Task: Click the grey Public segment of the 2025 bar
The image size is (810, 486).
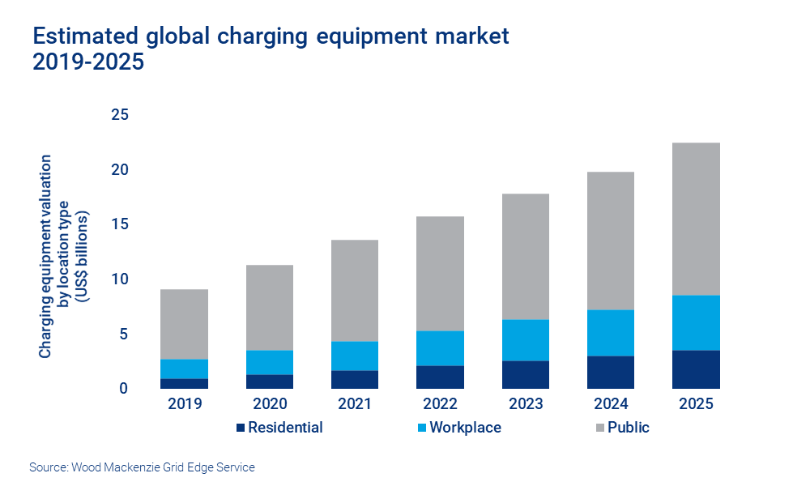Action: point(696,219)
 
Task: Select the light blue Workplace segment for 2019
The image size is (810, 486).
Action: point(184,369)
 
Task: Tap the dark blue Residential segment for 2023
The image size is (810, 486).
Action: point(525,374)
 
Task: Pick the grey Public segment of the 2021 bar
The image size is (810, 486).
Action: point(354,290)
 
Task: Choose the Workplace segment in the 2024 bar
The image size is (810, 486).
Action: point(610,332)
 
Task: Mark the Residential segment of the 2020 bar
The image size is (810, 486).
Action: point(269,382)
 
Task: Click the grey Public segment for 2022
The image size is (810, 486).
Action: point(440,273)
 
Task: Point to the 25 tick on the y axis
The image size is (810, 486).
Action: point(119,115)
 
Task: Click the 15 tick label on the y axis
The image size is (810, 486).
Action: point(119,224)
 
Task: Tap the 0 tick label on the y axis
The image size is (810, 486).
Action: point(124,389)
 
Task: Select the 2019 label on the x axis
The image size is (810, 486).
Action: point(184,403)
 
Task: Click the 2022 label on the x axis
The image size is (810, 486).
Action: point(440,403)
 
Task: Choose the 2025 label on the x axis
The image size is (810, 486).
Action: point(696,403)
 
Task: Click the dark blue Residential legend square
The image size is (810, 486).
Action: point(240,428)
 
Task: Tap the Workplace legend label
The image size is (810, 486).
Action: point(465,428)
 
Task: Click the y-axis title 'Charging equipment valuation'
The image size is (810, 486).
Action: point(46,256)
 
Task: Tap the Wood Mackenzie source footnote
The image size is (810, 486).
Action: point(142,467)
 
